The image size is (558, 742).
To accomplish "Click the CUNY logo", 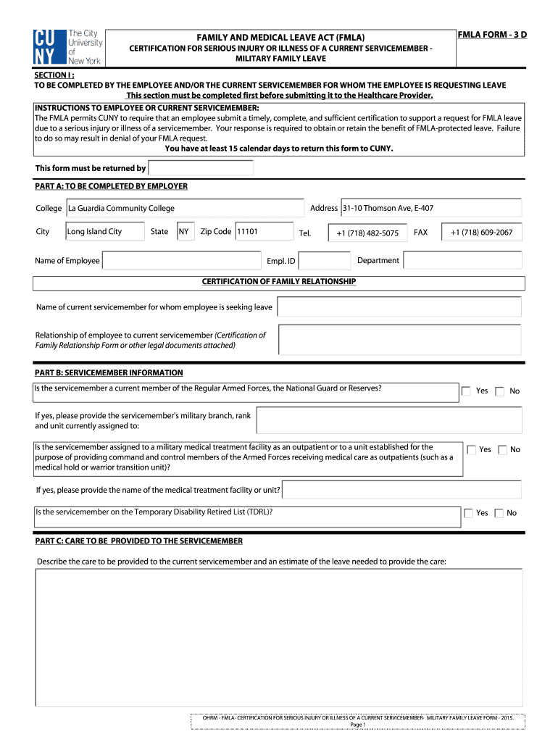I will tap(67, 47).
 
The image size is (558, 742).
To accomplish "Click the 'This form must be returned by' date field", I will tap(201, 168).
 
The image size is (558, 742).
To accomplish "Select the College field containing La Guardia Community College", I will tap(185, 209).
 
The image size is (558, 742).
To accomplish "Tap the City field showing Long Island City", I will tap(104, 232).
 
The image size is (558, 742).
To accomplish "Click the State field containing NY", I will tap(184, 232).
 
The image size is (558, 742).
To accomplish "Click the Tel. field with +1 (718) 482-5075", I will tap(367, 233).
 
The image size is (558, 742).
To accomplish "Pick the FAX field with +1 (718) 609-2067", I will tap(480, 233).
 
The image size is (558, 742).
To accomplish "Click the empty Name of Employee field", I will tap(181, 260).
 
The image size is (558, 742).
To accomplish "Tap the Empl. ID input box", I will tap(323, 261).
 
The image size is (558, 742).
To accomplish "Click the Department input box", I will tap(462, 260).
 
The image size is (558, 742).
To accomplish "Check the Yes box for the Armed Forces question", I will tap(467, 391).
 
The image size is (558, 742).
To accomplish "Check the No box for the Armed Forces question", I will tap(500, 391).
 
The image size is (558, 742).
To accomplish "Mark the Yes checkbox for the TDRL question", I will tap(467, 513).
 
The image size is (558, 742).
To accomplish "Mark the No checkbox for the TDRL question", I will tap(499, 513).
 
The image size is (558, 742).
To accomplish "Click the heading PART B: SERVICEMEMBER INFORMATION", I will tap(109, 372).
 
